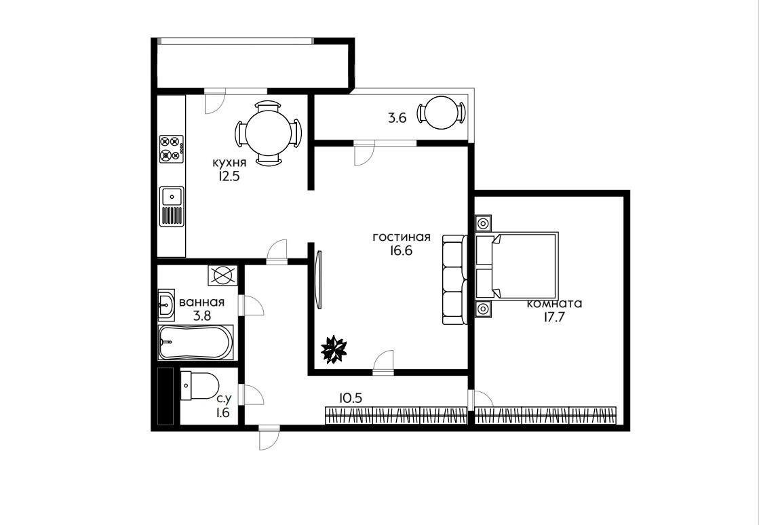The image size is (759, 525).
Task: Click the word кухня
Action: (229, 163)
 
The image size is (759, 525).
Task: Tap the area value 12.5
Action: (229, 176)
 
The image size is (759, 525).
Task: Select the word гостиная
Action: (402, 237)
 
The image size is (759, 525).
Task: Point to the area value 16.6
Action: (400, 251)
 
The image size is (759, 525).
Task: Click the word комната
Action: (554, 304)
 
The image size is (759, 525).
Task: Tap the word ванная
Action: (202, 303)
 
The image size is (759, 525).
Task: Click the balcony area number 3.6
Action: (397, 118)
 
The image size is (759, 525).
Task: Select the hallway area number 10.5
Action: (351, 398)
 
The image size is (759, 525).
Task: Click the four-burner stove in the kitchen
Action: (172, 149)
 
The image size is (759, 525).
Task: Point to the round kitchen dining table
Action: (268, 133)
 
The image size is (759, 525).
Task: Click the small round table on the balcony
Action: (441, 113)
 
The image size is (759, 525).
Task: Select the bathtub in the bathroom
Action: (196, 342)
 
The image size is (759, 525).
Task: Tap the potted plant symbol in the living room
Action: (334, 349)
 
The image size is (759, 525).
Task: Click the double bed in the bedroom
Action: (517, 265)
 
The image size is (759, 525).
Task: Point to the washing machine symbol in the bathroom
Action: (222, 275)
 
